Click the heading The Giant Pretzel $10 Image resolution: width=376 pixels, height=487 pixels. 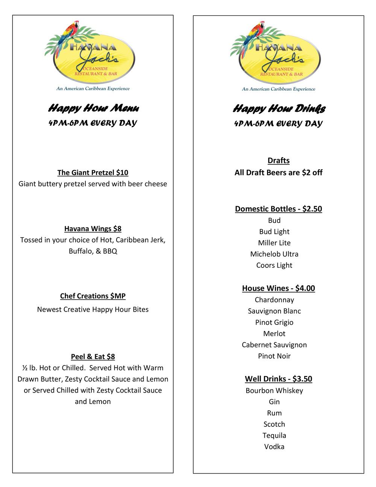tap(92, 173)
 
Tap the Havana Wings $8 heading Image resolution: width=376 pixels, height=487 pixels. tap(92, 229)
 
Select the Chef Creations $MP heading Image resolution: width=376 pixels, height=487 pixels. tap(92, 296)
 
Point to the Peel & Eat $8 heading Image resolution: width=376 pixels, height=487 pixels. tap(92, 357)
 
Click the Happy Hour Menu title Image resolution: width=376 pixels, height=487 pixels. tap(93, 108)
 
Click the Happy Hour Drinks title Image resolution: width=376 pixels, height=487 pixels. tap(279, 109)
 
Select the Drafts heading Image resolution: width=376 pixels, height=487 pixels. tap(279, 161)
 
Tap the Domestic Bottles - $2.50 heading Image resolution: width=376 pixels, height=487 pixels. tap(278, 209)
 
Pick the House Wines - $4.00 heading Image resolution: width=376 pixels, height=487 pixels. tap(278, 288)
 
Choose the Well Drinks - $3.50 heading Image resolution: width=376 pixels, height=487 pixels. tap(278, 379)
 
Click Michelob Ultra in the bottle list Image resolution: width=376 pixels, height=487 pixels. tap(274, 254)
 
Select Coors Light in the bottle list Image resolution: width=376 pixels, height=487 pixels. tap(274, 265)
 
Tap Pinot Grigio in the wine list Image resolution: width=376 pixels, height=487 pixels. tap(274, 323)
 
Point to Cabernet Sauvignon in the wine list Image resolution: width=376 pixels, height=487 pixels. tap(274, 345)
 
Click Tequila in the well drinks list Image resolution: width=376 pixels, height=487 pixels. tap(274, 435)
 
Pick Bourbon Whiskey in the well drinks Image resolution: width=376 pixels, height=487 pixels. tap(274, 391)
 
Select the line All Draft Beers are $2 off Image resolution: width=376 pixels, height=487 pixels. tap(278, 173)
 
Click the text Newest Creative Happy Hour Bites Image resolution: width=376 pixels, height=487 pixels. tap(92, 310)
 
